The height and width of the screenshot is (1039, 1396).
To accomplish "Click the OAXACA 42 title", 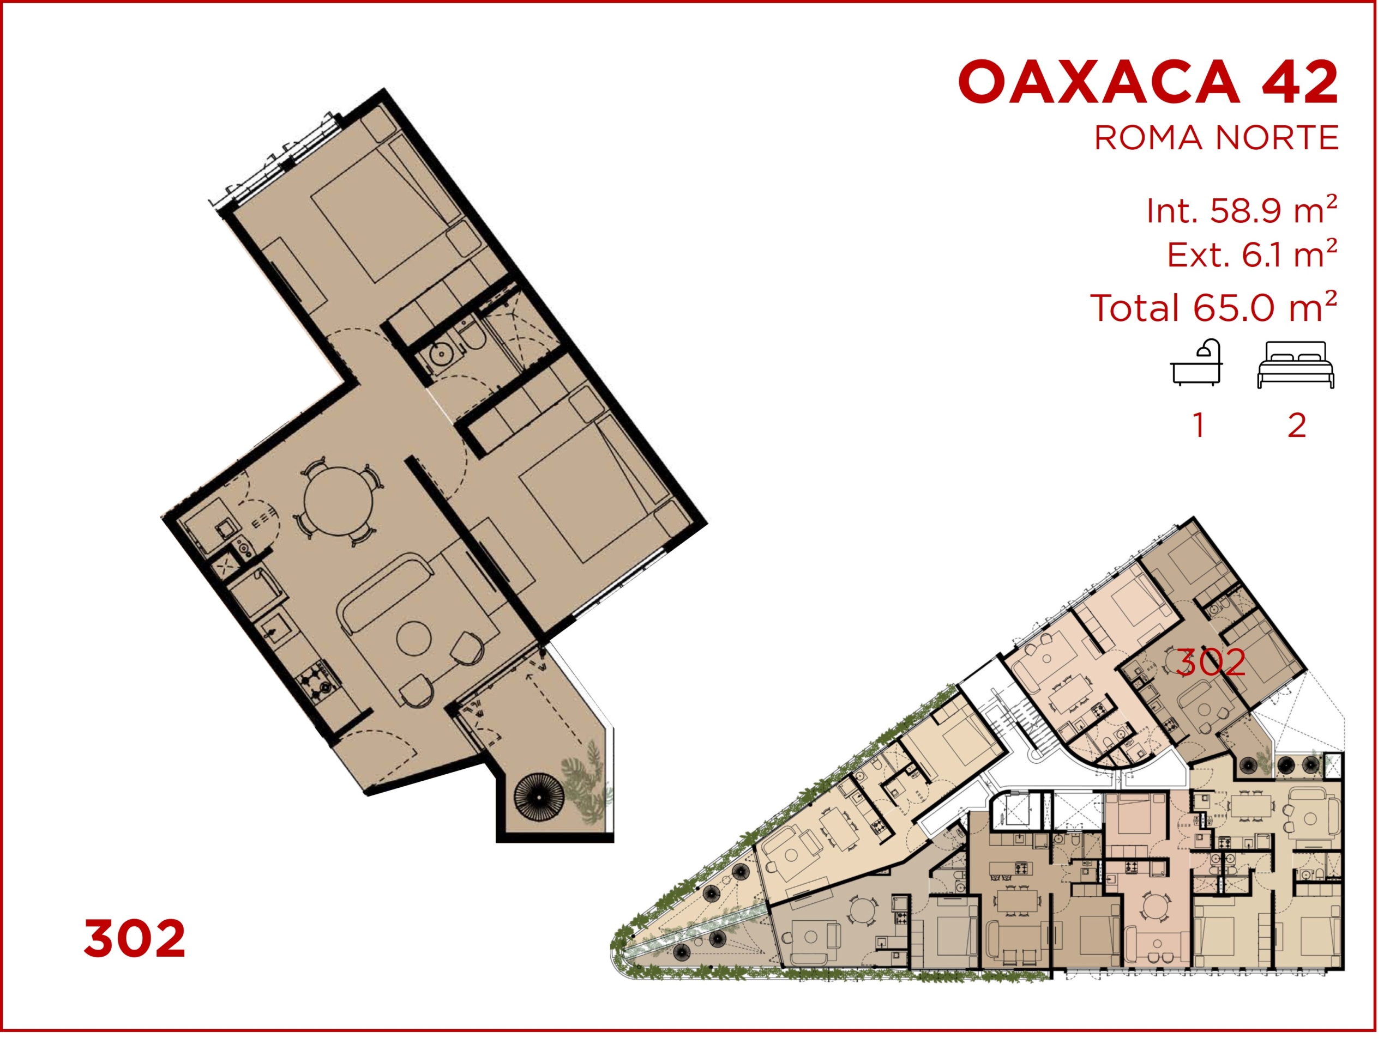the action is [x=1148, y=82].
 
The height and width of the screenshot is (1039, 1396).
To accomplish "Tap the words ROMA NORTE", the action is [x=1216, y=138].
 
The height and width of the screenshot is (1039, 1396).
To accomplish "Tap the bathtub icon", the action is [x=1196, y=362].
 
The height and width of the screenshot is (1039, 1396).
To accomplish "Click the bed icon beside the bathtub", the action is [x=1296, y=365].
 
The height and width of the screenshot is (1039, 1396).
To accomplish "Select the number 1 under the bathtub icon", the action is [x=1199, y=426].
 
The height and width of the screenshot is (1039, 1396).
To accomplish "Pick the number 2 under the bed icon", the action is [x=1297, y=426].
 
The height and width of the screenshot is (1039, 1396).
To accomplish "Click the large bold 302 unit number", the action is [x=135, y=938].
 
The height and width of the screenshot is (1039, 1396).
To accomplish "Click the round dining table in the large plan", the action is [x=339, y=502].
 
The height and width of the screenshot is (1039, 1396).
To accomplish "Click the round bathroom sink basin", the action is [x=442, y=355].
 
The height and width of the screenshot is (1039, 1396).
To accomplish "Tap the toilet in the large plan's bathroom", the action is [x=471, y=335].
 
